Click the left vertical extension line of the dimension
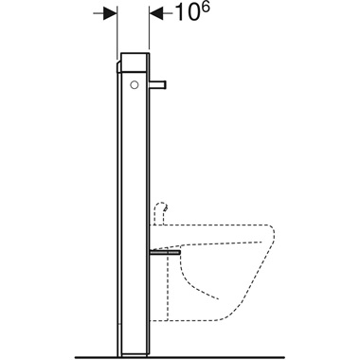(116, 28)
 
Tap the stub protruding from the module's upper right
(162, 86)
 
